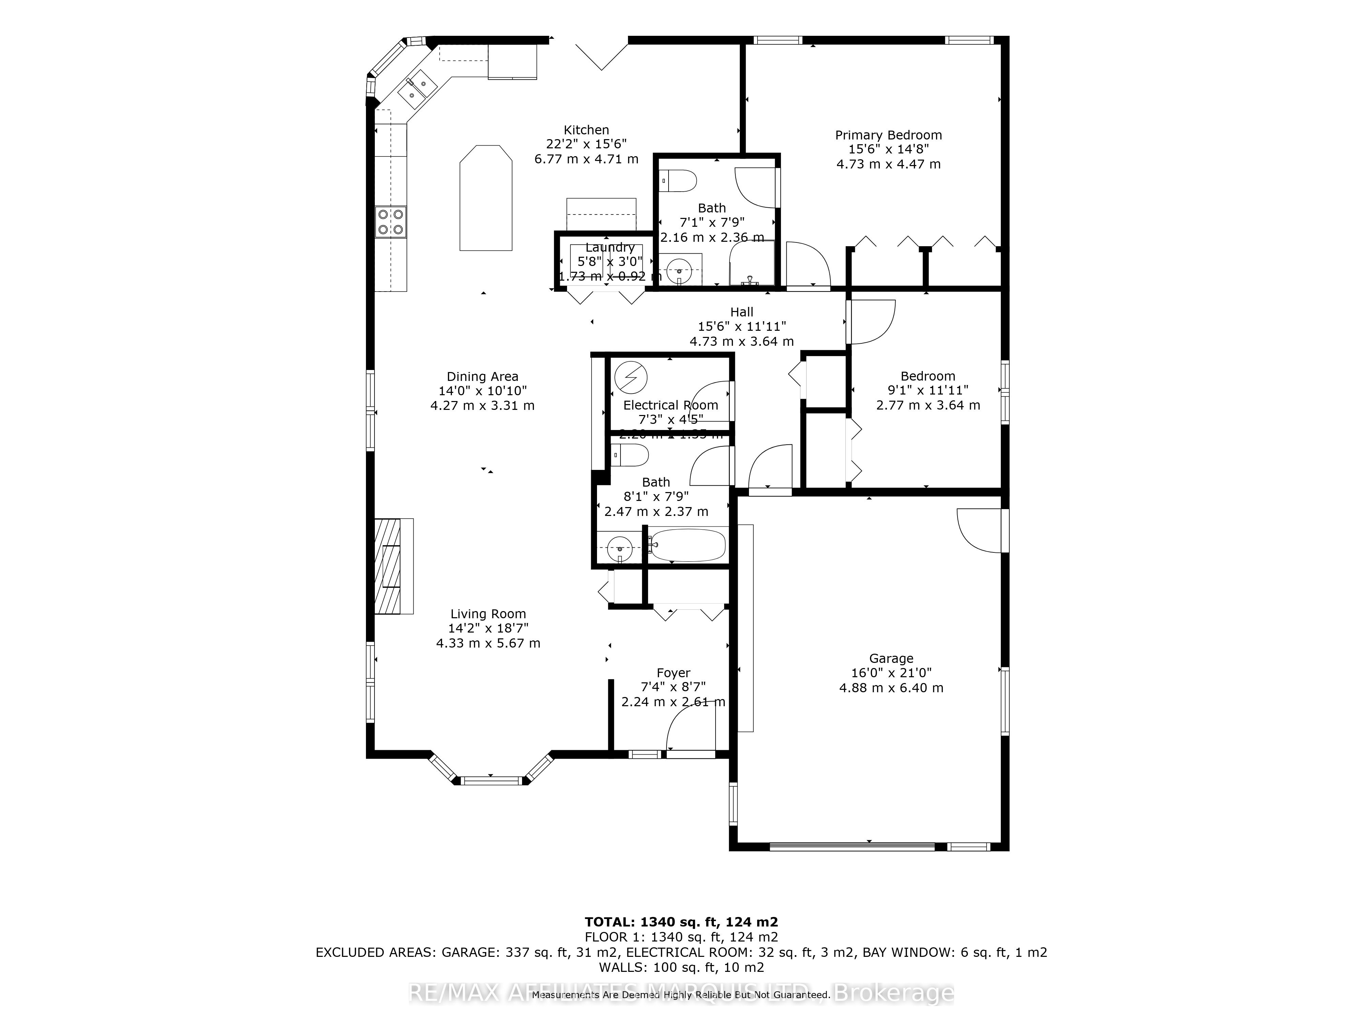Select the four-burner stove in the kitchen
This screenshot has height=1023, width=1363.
[x=390, y=222]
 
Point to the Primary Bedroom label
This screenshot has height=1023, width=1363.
[x=888, y=135]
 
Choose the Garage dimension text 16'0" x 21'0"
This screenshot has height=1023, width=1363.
[x=891, y=673]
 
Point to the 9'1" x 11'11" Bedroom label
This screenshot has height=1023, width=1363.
[x=928, y=376]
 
